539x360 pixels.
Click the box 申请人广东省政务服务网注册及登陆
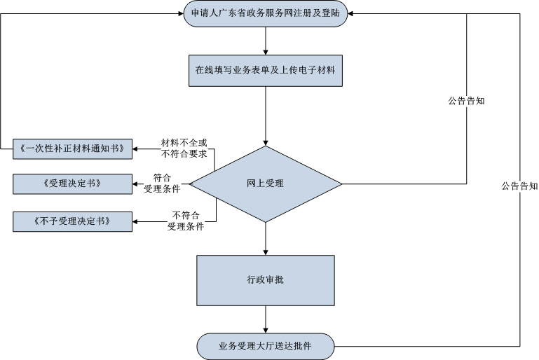tap(266, 13)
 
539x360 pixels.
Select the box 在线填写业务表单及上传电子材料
tap(266, 70)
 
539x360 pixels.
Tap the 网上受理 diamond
tap(266, 184)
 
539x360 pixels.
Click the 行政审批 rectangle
tap(266, 279)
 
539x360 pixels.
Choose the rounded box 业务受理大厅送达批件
tap(266, 345)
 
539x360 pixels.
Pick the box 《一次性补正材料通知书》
tap(73, 148)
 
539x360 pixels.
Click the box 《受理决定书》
tap(73, 184)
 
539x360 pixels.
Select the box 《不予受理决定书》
tap(73, 222)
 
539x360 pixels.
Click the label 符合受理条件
tap(162, 184)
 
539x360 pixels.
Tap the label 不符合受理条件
tap(185, 221)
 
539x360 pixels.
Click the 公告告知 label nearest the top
tap(467, 101)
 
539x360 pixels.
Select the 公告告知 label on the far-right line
tap(519, 186)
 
